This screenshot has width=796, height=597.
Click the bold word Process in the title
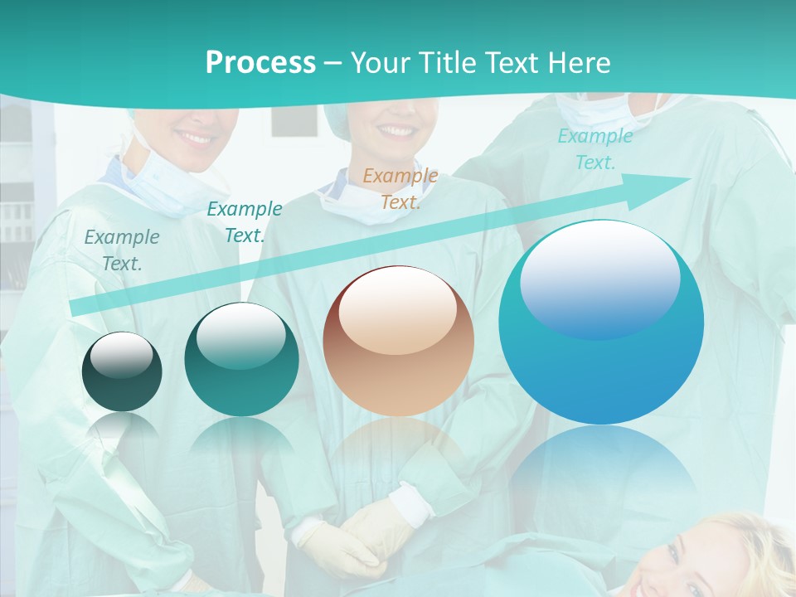tap(260, 62)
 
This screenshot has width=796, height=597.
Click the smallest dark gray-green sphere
tap(122, 371)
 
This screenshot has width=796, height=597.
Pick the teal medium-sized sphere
tap(241, 360)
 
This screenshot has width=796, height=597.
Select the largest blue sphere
tap(601, 323)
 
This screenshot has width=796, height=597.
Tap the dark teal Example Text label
tap(245, 222)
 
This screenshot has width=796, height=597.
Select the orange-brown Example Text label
tap(400, 188)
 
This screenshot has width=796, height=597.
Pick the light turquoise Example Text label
tap(595, 149)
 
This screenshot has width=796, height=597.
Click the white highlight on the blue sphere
tap(599, 278)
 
